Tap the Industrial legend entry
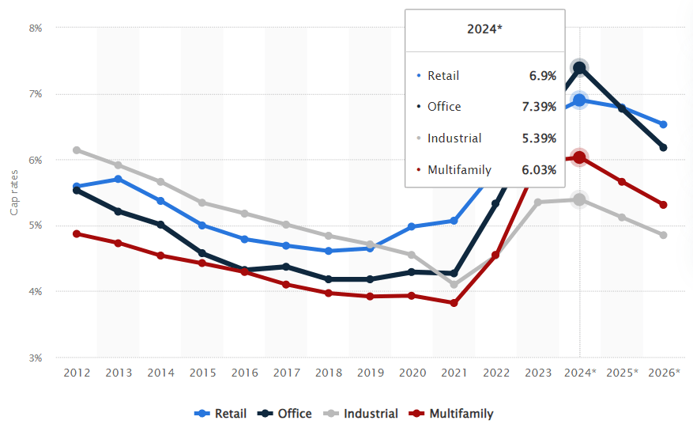click(363, 413)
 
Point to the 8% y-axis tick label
click(36, 28)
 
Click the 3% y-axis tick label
click(36, 358)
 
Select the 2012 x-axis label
click(76, 372)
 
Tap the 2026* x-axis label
click(663, 372)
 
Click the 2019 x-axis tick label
click(370, 372)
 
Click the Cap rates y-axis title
click(13, 192)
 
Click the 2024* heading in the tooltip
click(484, 28)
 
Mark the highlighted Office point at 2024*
click(579, 68)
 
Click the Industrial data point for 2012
click(76, 150)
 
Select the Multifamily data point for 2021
click(454, 303)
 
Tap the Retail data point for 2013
click(118, 179)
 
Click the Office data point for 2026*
click(663, 147)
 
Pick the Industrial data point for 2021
click(454, 285)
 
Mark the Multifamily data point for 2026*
click(663, 205)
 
